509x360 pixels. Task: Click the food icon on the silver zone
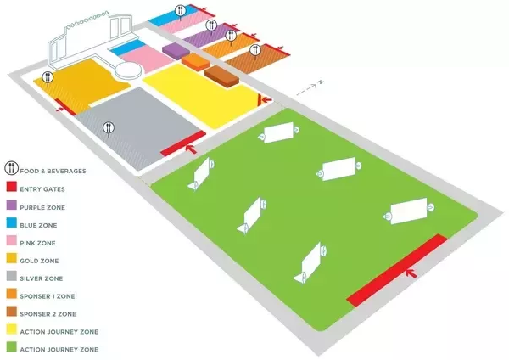(109, 129)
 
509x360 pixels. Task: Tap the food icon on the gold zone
(48, 77)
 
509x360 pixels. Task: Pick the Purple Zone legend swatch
(11, 206)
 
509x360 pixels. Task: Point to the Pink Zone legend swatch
(11, 242)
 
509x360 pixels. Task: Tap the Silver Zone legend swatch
(11, 278)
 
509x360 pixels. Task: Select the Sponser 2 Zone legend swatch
(11, 313)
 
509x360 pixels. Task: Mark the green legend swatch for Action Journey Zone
(11, 349)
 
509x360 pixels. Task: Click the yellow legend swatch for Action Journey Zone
(11, 331)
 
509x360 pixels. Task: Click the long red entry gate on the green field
(397, 268)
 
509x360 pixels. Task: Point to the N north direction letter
(321, 82)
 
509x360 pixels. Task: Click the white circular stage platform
(131, 70)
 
